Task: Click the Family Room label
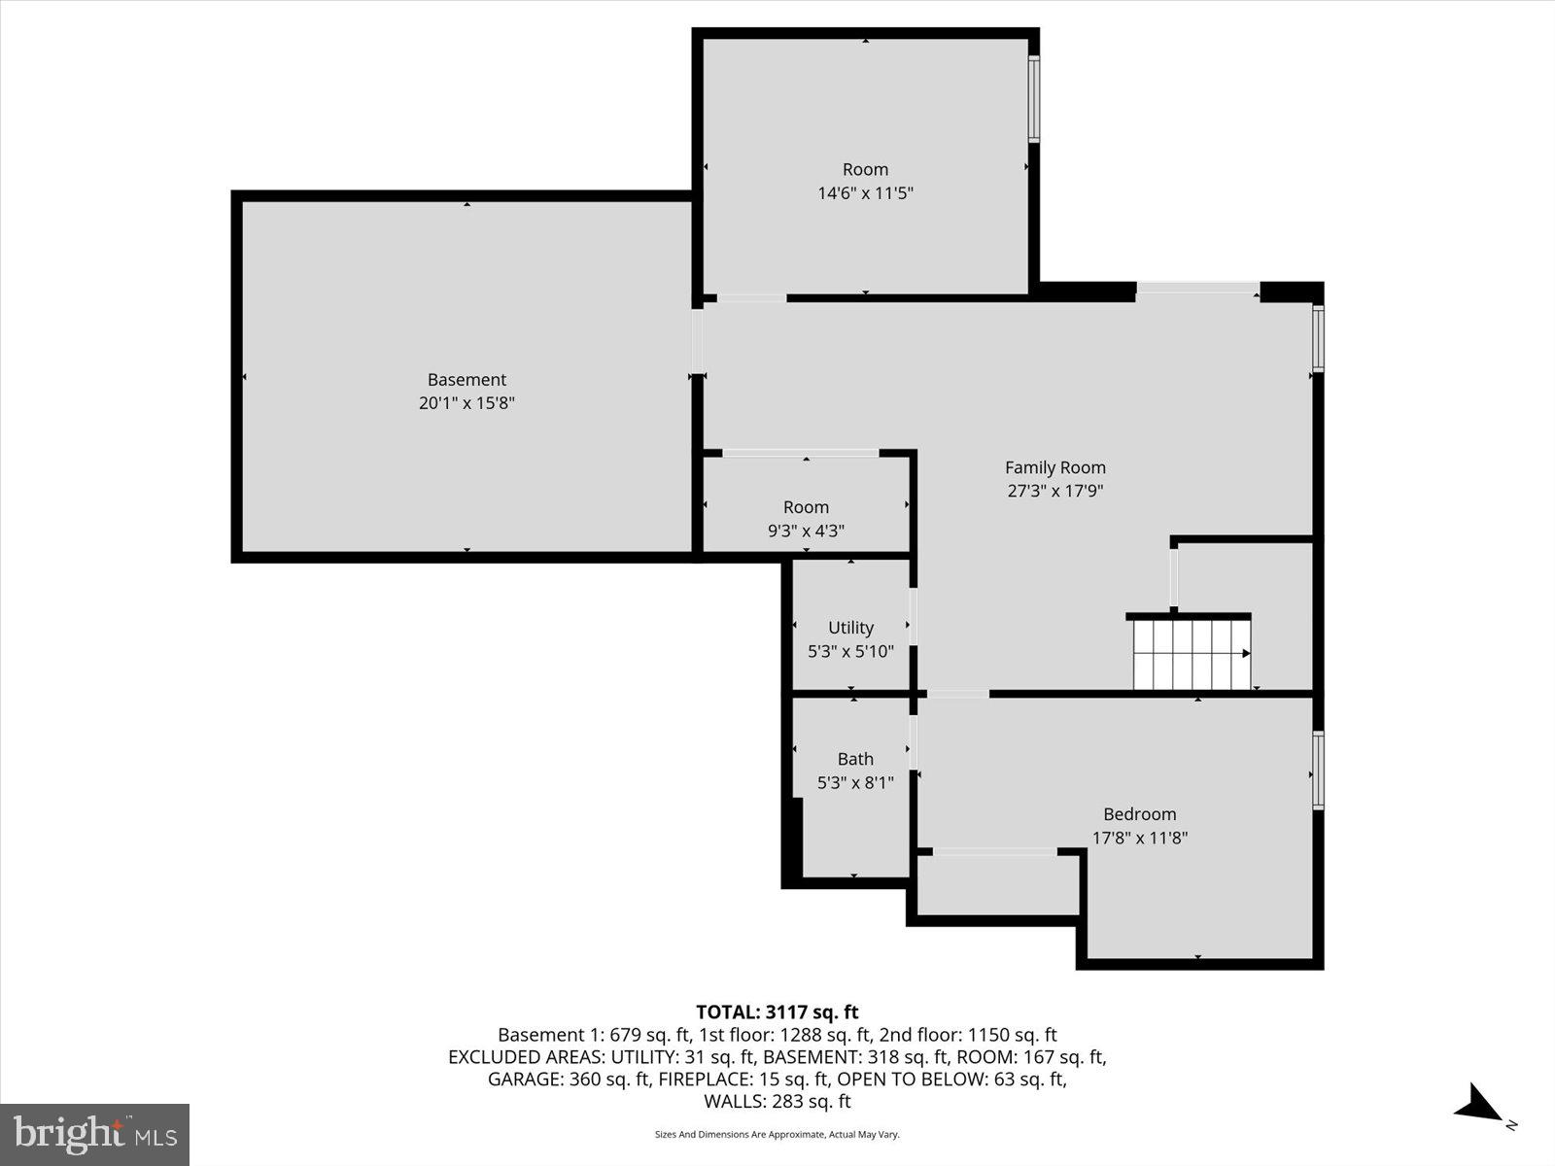[x=1054, y=467]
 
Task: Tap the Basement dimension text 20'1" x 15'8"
[x=466, y=403]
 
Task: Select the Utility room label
[x=850, y=628]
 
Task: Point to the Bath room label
[x=855, y=759]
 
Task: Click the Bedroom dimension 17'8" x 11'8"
[x=1140, y=838]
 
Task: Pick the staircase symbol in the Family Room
[x=1192, y=654]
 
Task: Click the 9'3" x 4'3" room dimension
[x=806, y=531]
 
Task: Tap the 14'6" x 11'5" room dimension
[x=865, y=192]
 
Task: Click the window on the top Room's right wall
[x=1034, y=99]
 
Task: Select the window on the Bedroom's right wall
[x=1318, y=771]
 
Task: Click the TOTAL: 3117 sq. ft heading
[x=777, y=1012]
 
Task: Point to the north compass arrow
[x=1480, y=1106]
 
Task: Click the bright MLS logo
[x=94, y=1134]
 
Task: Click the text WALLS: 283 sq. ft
[x=777, y=1101]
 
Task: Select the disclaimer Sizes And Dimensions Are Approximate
[x=777, y=1134]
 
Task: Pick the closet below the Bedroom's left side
[x=997, y=884]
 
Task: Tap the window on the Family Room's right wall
[x=1318, y=339]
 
